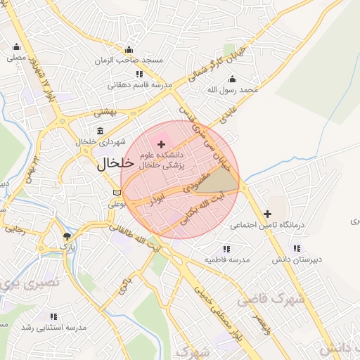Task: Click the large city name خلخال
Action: [x=114, y=164]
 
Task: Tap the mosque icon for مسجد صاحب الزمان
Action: [x=128, y=49]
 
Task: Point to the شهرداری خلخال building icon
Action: [x=99, y=131]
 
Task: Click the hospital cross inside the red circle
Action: [x=162, y=143]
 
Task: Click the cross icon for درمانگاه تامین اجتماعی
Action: [x=267, y=214]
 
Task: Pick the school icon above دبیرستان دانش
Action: [x=297, y=248]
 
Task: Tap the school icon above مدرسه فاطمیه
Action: [x=226, y=248]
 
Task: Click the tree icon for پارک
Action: [x=67, y=236]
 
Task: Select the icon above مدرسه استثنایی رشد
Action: [x=53, y=316]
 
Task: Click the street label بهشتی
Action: [x=109, y=112]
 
